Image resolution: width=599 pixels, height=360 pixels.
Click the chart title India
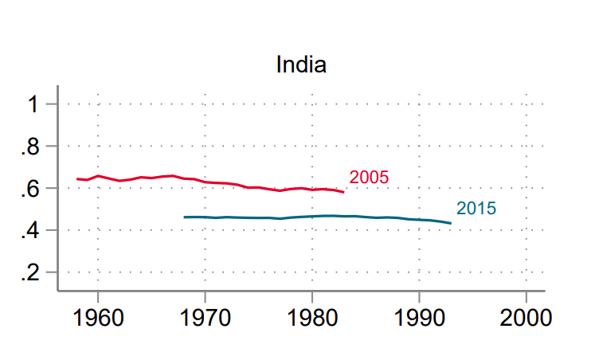pyautogui.click(x=300, y=65)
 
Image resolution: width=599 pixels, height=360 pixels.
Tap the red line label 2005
pyautogui.click(x=369, y=178)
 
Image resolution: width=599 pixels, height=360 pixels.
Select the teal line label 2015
pyautogui.click(x=476, y=209)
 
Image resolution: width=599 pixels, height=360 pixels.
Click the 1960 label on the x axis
pyautogui.click(x=98, y=318)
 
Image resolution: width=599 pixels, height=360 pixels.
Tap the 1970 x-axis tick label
pyautogui.click(x=205, y=318)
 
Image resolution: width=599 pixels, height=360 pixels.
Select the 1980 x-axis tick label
pyautogui.click(x=312, y=318)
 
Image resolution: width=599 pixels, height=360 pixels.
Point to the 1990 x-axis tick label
pyautogui.click(x=419, y=318)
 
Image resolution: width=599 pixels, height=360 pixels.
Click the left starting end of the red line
pyautogui.click(x=77, y=179)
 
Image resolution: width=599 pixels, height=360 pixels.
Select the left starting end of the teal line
pyautogui.click(x=184, y=217)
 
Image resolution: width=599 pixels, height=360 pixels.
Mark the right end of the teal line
pyautogui.click(x=451, y=223)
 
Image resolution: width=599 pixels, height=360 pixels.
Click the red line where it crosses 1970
pyautogui.click(x=205, y=182)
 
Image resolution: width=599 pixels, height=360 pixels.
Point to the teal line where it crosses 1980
pyautogui.click(x=312, y=216)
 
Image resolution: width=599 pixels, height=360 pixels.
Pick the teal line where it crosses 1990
pyautogui.click(x=419, y=219)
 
